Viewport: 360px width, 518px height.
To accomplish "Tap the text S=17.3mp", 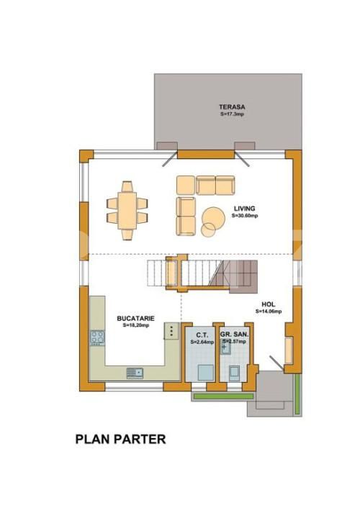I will (231, 114).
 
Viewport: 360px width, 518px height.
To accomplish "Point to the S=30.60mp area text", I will (244, 216).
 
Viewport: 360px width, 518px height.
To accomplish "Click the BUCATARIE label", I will (135, 318).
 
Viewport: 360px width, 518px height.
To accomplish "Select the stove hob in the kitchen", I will (97, 337).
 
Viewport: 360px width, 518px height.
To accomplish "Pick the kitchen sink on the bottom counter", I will (135, 372).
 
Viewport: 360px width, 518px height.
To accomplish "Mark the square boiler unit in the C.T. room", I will (204, 371).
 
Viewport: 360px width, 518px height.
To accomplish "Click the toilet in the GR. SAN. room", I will (233, 372).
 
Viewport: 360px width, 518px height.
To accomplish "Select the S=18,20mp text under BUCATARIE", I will (135, 325).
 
